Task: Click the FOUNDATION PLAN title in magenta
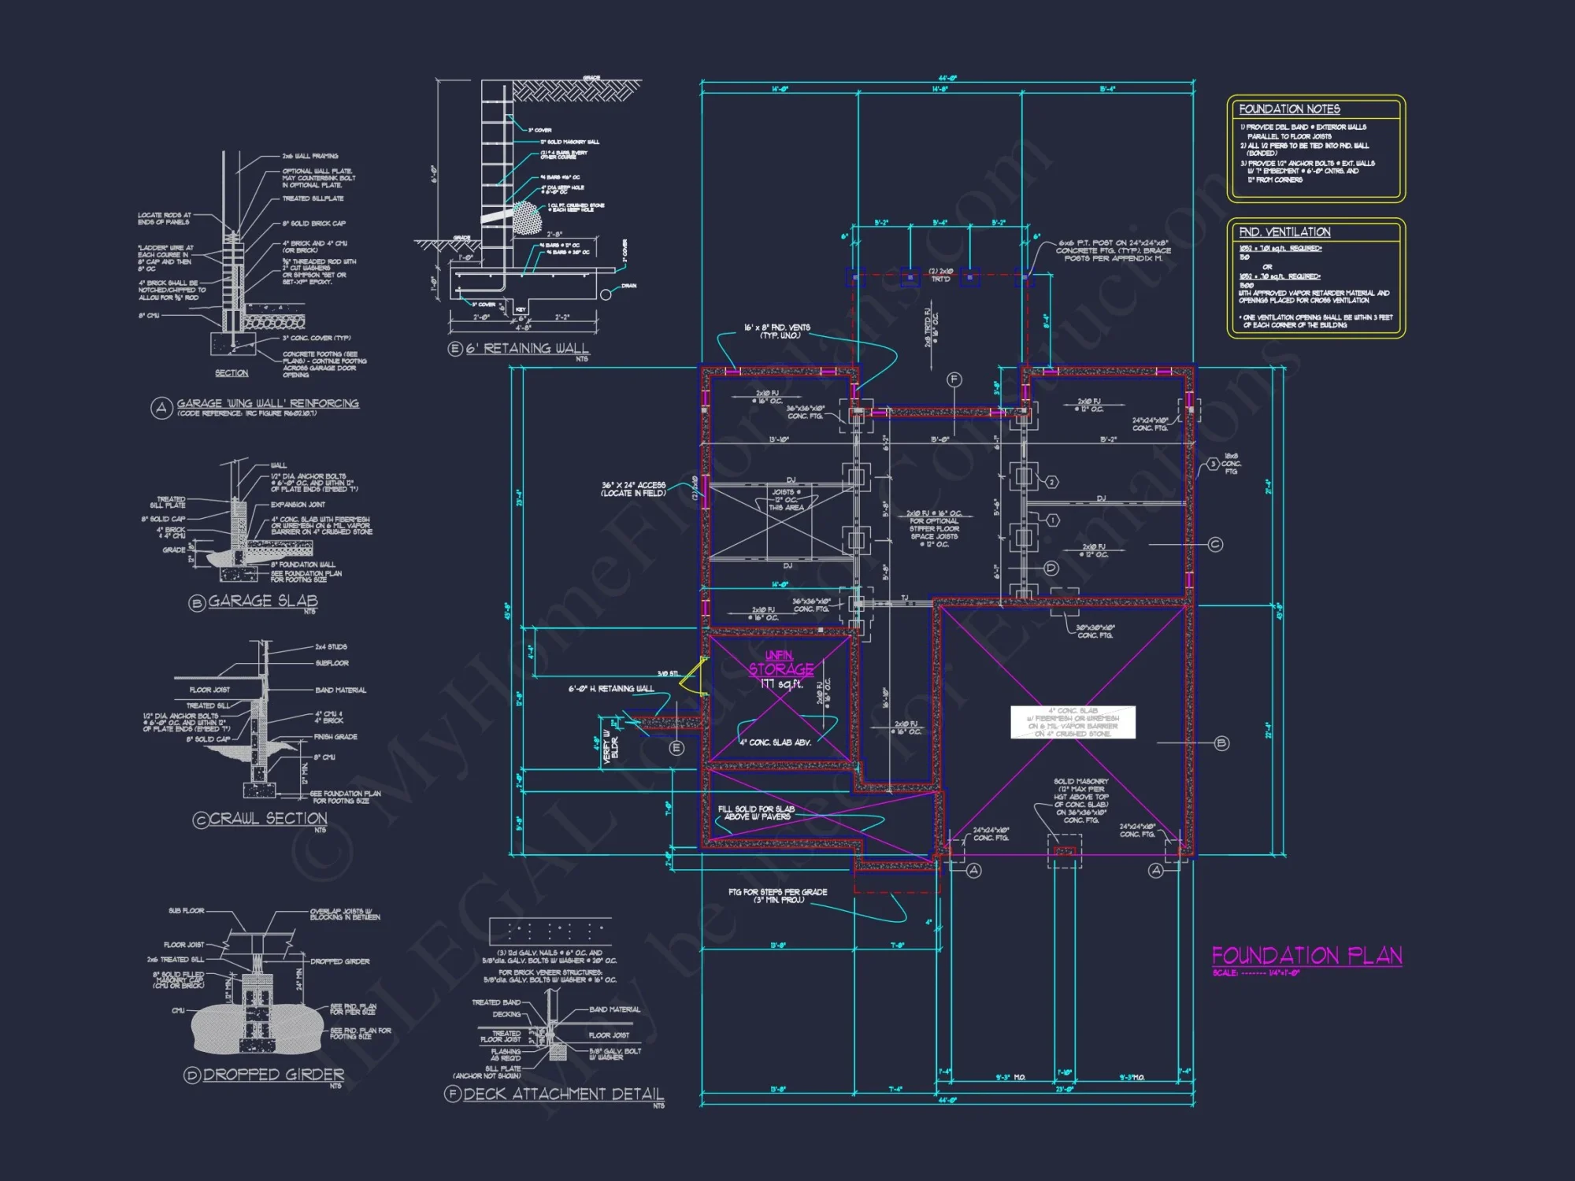point(1306,956)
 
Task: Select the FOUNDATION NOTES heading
point(1289,109)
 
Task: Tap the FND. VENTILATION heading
point(1284,232)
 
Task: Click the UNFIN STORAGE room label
point(780,664)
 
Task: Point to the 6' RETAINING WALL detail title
point(527,349)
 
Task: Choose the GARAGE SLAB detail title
point(262,602)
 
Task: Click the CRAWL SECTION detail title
point(268,819)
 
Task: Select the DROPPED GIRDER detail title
point(273,1075)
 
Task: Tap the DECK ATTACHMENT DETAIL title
point(563,1094)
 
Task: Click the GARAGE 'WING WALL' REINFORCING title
point(267,404)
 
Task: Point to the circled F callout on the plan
point(954,379)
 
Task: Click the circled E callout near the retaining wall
point(676,748)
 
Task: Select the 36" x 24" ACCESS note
point(633,489)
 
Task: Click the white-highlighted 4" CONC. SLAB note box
point(1073,722)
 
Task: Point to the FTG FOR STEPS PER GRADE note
point(777,896)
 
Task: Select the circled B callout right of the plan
point(1221,742)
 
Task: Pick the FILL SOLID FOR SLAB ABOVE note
point(756,813)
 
